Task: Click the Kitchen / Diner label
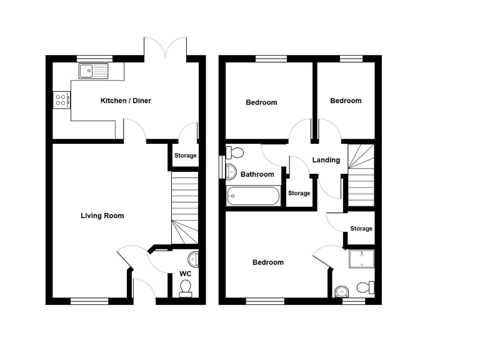[126, 101]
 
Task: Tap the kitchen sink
[93, 71]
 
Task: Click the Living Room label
[102, 216]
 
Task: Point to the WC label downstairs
[185, 274]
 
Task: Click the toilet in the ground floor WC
[185, 287]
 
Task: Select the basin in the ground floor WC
[192, 258]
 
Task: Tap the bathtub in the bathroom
[253, 197]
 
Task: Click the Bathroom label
[258, 174]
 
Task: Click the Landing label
[326, 160]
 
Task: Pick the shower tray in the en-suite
[359, 260]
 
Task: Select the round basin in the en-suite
[341, 291]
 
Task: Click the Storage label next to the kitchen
[185, 156]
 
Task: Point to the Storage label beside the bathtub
[299, 193]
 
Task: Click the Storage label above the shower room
[361, 229]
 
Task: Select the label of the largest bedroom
[267, 262]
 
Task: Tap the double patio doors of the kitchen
[165, 49]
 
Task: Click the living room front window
[85, 301]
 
